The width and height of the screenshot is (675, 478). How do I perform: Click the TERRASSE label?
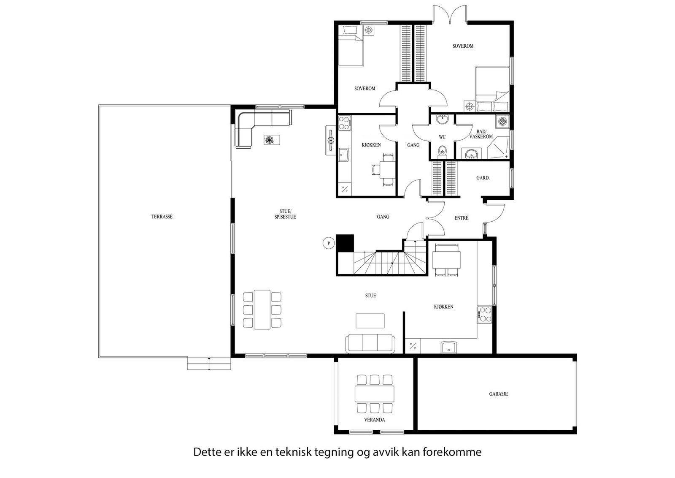click(162, 217)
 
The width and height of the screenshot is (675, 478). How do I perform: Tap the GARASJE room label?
click(498, 394)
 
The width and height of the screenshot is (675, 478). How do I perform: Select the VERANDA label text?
click(375, 420)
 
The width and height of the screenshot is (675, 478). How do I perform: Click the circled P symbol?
click(328, 244)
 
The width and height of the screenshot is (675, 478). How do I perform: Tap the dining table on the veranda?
click(375, 394)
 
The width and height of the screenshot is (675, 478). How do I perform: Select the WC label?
click(442, 137)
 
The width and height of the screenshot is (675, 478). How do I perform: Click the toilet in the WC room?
click(442, 150)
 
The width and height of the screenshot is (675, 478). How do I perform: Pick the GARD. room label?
click(483, 178)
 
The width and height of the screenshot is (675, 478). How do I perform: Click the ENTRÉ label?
click(461, 218)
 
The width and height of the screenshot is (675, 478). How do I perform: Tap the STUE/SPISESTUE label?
click(288, 214)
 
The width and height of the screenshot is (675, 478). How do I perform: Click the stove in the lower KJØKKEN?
click(484, 314)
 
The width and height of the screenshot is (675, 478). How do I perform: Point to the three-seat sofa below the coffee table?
click(370, 344)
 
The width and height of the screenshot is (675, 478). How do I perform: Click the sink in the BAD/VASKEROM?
click(471, 154)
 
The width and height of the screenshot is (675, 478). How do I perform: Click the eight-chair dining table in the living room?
click(262, 310)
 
